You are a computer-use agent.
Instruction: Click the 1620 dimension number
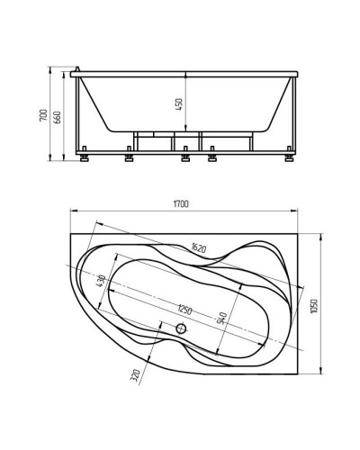199,247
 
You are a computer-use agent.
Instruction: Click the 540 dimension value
221,317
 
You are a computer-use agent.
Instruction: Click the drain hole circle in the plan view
182,329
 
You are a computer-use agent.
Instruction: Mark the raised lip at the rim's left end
78,69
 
